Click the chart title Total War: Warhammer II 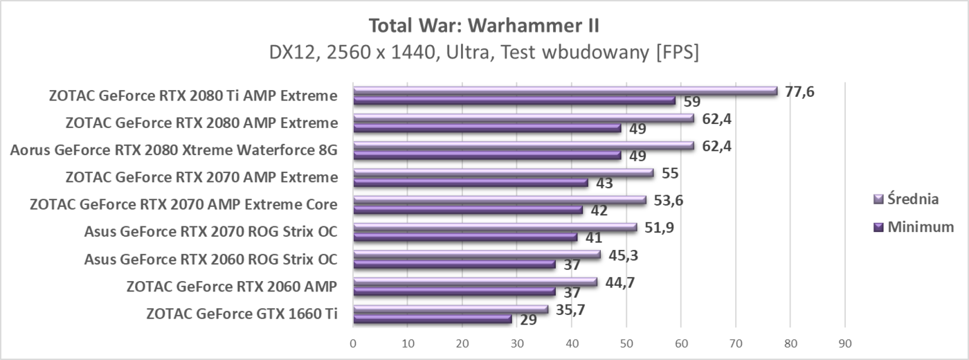[484, 26]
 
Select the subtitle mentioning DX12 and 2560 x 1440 [484, 53]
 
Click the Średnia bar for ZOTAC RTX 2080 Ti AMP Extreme [565, 91]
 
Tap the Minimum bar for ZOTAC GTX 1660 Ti [432, 318]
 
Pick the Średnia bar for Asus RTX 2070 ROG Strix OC [494, 226]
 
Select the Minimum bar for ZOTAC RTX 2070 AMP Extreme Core [467, 210]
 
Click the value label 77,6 [799, 91]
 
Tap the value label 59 [692, 102]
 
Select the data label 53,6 [669, 200]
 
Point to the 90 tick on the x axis [844, 343]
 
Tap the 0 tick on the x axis [353, 343]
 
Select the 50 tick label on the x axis [626, 343]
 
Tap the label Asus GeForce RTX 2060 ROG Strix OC [210, 260]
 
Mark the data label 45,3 [624, 255]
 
